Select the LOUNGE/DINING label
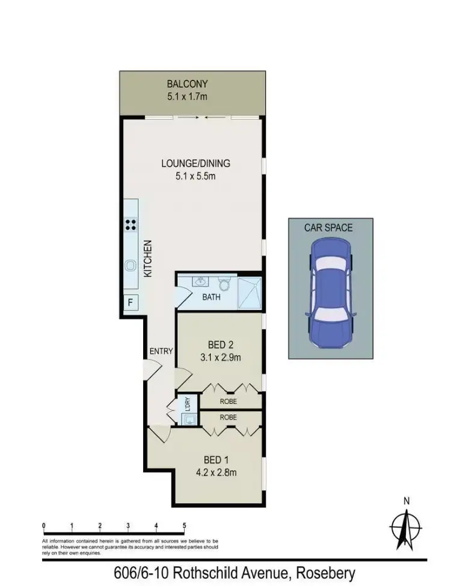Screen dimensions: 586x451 pyautogui.click(x=195, y=163)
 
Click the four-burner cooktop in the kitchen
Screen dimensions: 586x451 pyautogui.click(x=130, y=225)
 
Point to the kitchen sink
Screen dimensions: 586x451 pyautogui.click(x=130, y=264)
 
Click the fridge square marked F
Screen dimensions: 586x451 pyautogui.click(x=129, y=302)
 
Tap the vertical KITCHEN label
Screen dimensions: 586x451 pyautogui.click(x=148, y=258)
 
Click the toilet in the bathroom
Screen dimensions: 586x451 pyautogui.click(x=224, y=283)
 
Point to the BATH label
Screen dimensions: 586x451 pyautogui.click(x=211, y=297)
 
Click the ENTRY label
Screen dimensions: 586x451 pyautogui.click(x=161, y=351)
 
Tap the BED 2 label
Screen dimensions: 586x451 pyautogui.click(x=220, y=345)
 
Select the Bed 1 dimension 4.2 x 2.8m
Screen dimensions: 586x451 pyautogui.click(x=216, y=472)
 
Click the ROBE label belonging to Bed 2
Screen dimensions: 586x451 pyautogui.click(x=228, y=401)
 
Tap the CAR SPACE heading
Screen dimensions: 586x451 pyautogui.click(x=328, y=228)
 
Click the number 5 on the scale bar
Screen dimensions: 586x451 pyautogui.click(x=184, y=526)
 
